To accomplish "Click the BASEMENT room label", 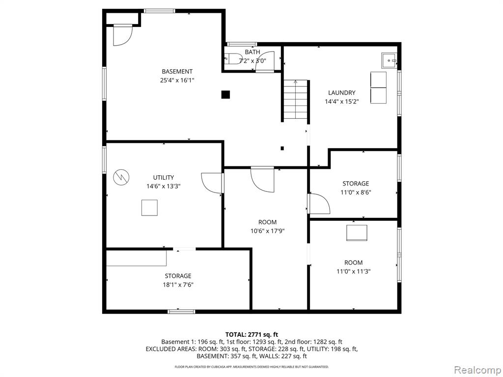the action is [177, 72].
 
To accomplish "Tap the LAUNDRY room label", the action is [342, 93].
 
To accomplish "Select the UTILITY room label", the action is [163, 178].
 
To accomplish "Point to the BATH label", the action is [252, 52].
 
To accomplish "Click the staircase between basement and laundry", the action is [295, 100].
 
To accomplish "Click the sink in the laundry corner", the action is [389, 60].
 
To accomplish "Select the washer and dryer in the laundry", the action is [379, 87].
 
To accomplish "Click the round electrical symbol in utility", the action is [121, 177].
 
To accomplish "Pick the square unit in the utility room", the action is [149, 208].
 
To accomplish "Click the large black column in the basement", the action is [225, 95].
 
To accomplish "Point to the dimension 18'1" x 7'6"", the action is [178, 285].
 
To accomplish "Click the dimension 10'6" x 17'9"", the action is [268, 231].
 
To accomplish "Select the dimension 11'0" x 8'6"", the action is [356, 192].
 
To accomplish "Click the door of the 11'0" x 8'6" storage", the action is [319, 203].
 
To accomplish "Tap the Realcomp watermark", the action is [477, 370].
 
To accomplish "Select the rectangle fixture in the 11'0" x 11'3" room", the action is [357, 233].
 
